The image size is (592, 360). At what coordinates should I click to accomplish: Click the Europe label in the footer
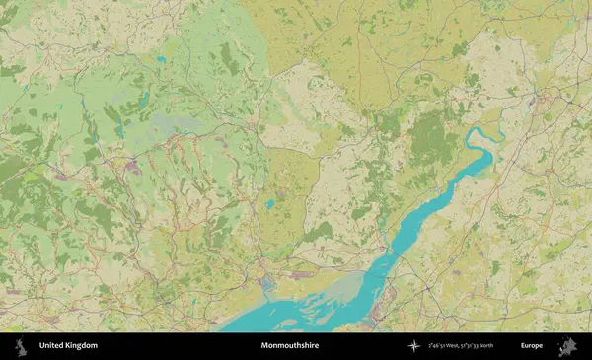point(532,346)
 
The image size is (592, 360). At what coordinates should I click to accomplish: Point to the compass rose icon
point(414,346)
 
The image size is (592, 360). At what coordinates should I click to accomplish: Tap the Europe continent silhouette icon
point(567,346)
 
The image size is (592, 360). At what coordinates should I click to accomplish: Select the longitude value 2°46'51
point(441,346)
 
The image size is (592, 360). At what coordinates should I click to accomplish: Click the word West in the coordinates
point(459,346)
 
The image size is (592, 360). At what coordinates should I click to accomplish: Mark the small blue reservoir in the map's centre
point(269,205)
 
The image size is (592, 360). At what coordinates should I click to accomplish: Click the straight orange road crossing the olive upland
point(358,59)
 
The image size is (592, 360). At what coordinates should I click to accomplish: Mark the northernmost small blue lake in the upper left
point(160,59)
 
